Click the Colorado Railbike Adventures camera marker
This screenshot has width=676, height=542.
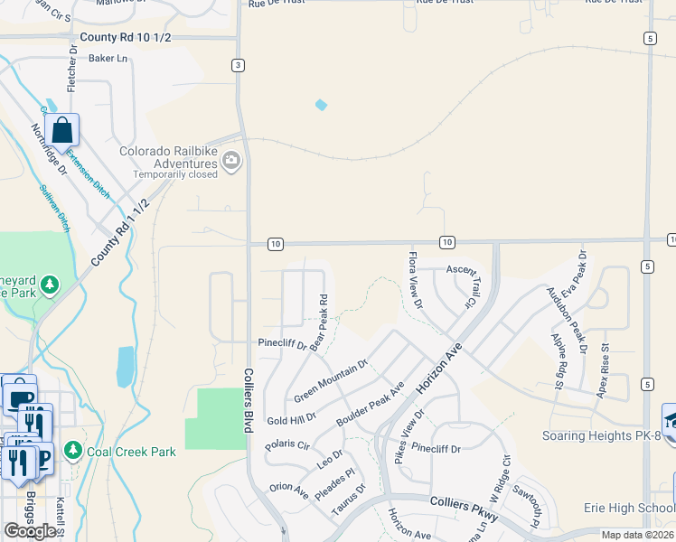point(231,162)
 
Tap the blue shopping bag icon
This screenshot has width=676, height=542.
point(61,129)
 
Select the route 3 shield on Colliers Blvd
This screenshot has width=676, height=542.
point(237,65)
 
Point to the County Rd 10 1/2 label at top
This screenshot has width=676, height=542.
point(125,37)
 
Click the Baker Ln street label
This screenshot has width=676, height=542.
point(108,59)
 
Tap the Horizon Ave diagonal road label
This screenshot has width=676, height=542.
point(438,367)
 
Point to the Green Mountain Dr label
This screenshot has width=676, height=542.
point(331,381)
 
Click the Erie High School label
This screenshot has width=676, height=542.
point(629,508)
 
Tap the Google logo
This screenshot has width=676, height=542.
point(30,530)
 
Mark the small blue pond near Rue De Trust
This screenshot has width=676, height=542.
point(321,106)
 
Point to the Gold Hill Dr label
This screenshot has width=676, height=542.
point(291,419)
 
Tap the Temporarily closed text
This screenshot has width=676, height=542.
point(175,174)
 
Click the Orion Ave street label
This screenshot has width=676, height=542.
point(289,492)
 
